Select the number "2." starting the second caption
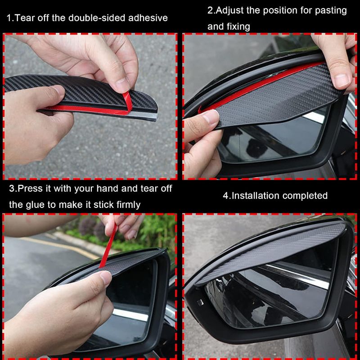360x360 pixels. click(212, 10)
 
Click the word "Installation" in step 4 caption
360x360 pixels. click(257, 196)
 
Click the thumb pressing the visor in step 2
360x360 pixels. click(205, 119)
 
